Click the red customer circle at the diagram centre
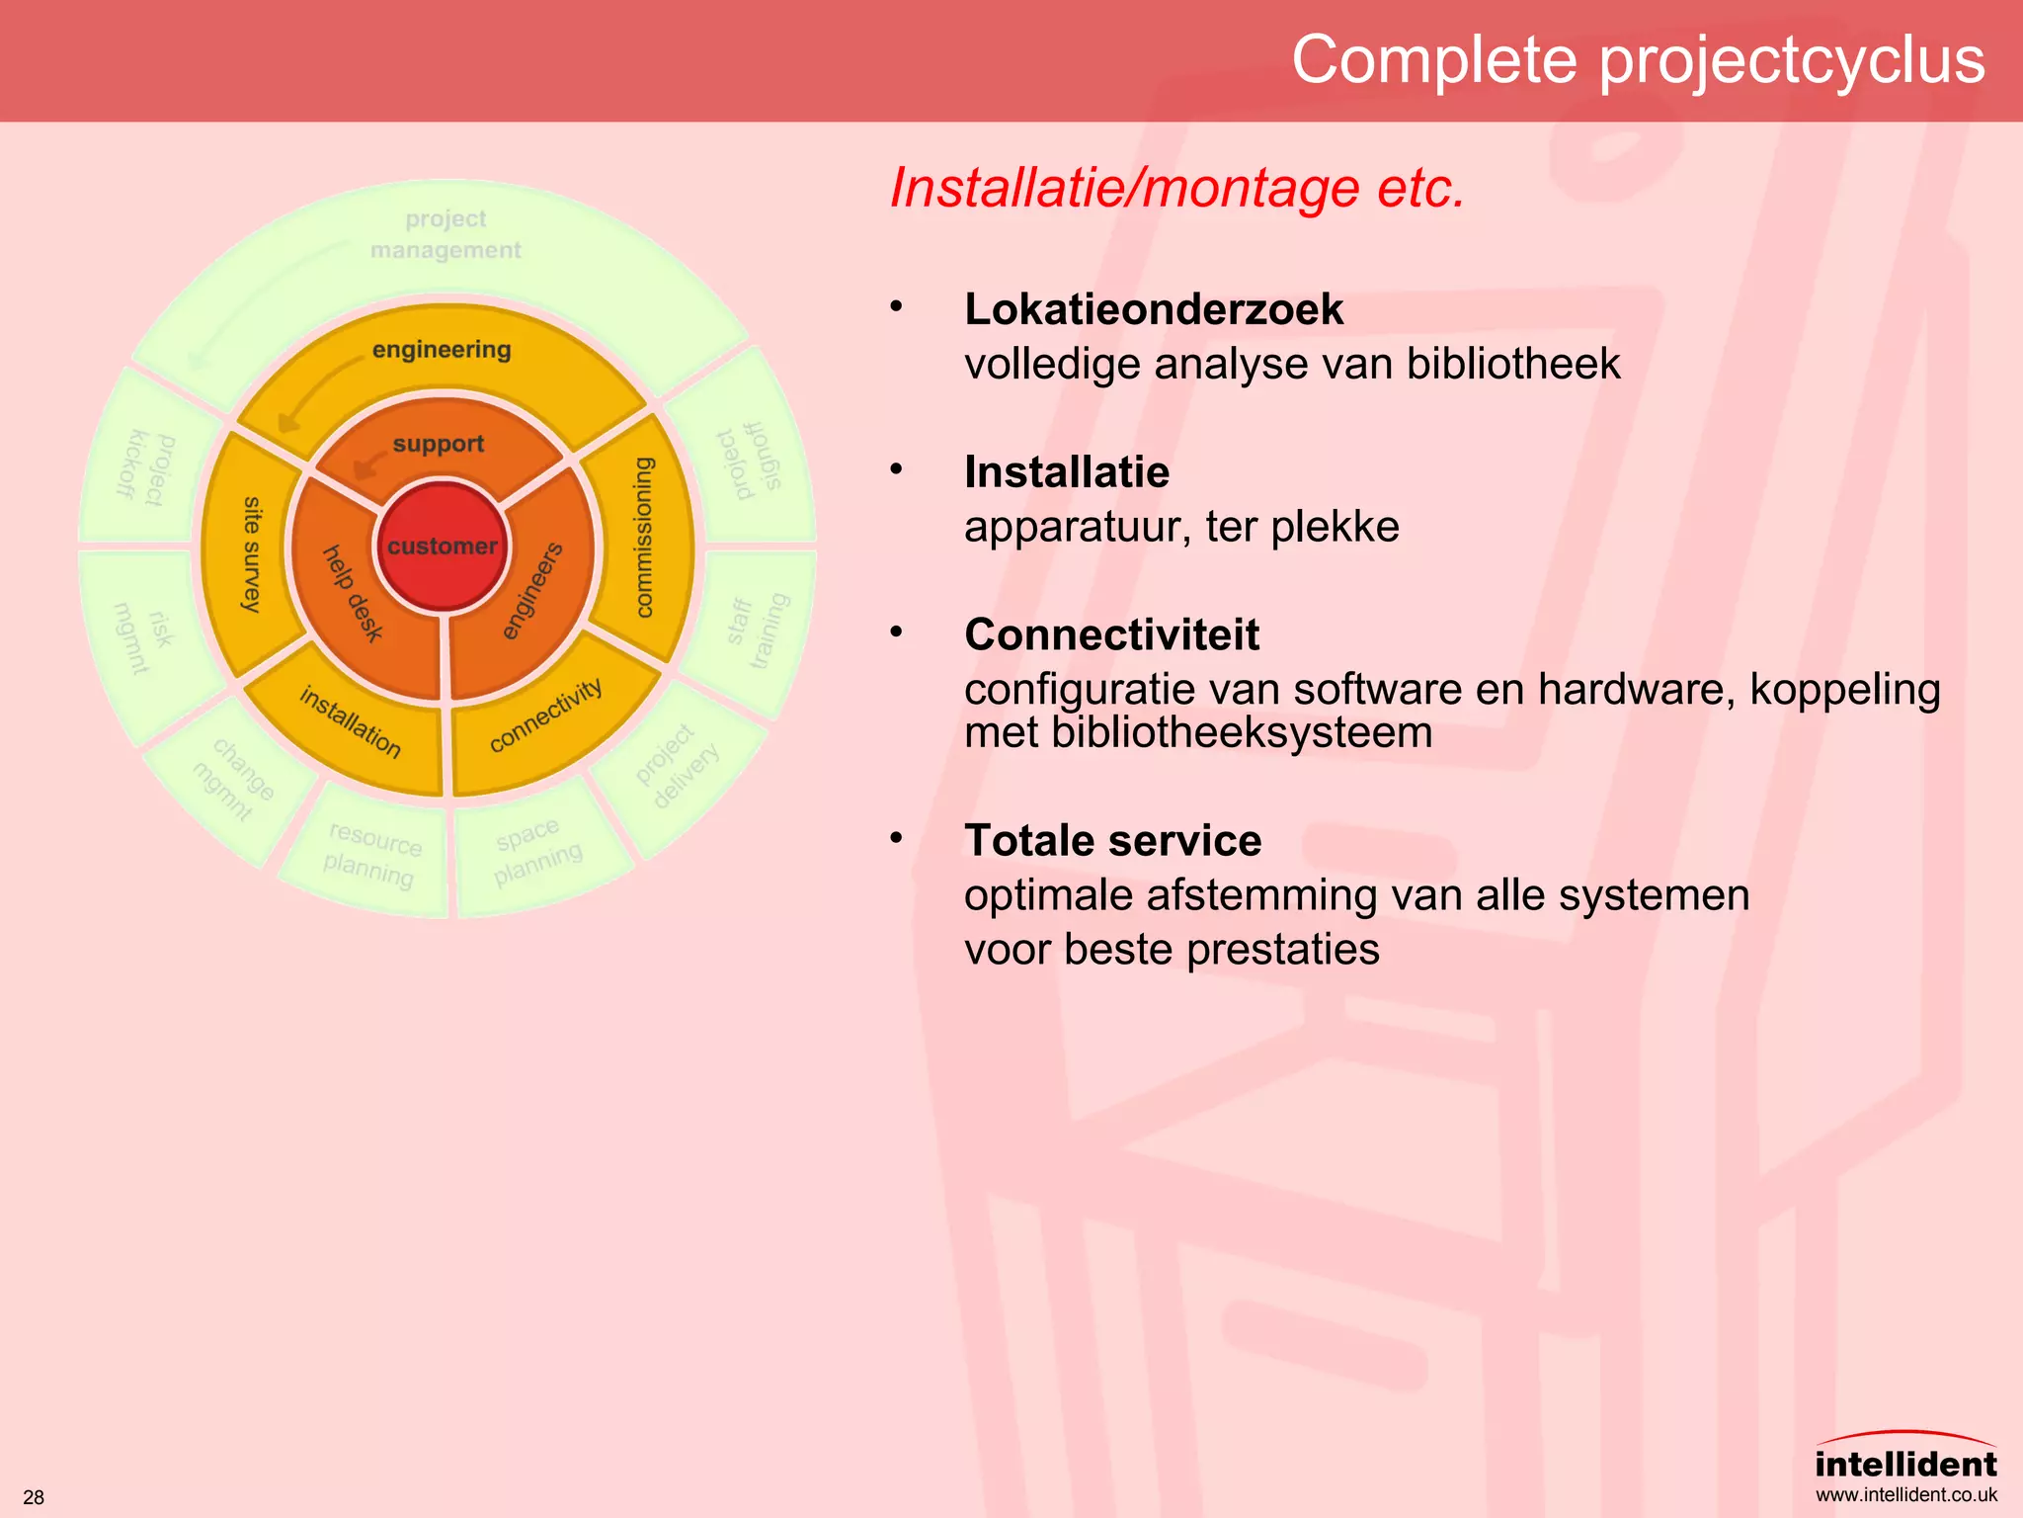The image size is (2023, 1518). (443, 546)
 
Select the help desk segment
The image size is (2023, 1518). (353, 593)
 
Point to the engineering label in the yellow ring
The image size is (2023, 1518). (442, 350)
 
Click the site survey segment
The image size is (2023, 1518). (252, 553)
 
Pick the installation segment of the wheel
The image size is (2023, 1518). (351, 722)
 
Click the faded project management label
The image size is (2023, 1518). (445, 234)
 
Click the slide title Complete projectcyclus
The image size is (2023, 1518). (1638, 59)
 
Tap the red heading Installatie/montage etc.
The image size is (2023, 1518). (1176, 188)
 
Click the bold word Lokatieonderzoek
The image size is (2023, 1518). (1153, 309)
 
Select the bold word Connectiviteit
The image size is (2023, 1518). (1111, 634)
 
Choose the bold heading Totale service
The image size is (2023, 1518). (1112, 841)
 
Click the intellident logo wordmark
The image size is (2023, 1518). (1905, 1464)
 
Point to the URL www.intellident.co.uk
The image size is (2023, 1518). (1905, 1495)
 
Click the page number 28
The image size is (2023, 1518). (34, 1497)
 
